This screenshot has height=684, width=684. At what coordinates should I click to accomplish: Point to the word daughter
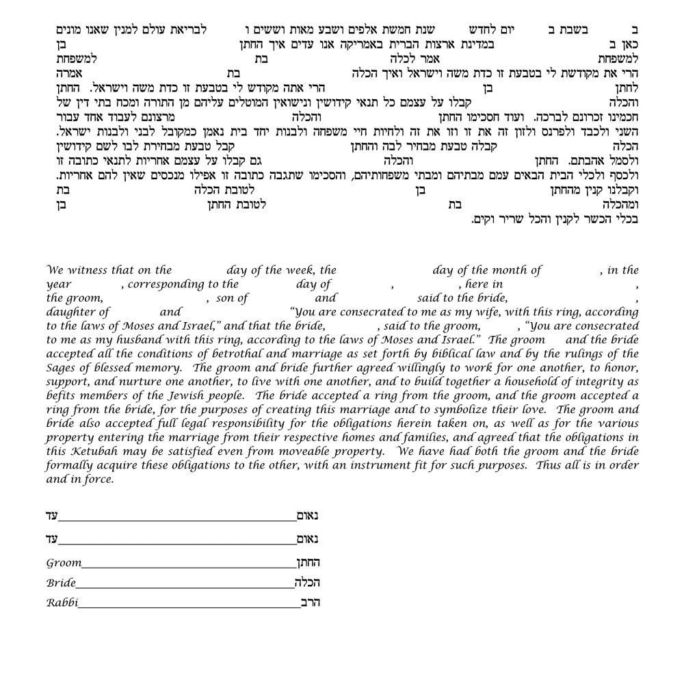click(x=69, y=312)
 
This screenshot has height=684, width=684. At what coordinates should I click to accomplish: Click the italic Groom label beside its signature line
click(x=64, y=563)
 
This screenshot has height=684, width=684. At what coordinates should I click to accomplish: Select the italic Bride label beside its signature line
click(x=61, y=583)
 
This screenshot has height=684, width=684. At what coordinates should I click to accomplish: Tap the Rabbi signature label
click(x=62, y=603)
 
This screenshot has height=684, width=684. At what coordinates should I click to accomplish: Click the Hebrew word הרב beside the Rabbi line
click(x=311, y=603)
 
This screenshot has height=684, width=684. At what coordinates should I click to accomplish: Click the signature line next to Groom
click(x=188, y=567)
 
